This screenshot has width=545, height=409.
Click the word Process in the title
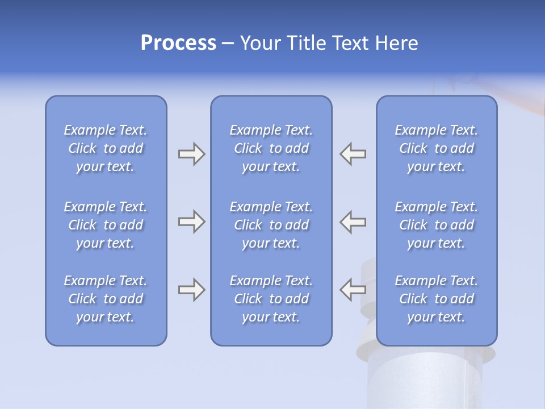(178, 43)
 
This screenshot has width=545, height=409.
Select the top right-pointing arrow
(191, 154)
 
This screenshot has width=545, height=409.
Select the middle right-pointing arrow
(191, 222)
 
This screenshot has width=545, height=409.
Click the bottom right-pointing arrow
(191, 290)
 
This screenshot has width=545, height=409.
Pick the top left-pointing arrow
(353, 154)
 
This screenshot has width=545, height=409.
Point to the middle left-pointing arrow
(353, 222)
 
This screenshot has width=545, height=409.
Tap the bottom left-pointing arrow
(353, 290)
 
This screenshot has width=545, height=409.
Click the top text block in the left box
(106, 148)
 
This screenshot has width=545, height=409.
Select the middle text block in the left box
(106, 225)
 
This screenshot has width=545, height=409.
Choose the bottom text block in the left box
(106, 299)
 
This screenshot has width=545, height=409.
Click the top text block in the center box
(271, 148)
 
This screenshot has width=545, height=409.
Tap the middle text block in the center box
(271, 225)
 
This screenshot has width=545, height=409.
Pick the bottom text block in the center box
(271, 299)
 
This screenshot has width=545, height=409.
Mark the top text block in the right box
(436, 148)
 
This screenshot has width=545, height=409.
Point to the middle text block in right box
(436, 225)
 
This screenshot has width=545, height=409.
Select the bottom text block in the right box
(436, 299)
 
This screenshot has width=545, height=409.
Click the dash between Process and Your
(228, 44)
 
